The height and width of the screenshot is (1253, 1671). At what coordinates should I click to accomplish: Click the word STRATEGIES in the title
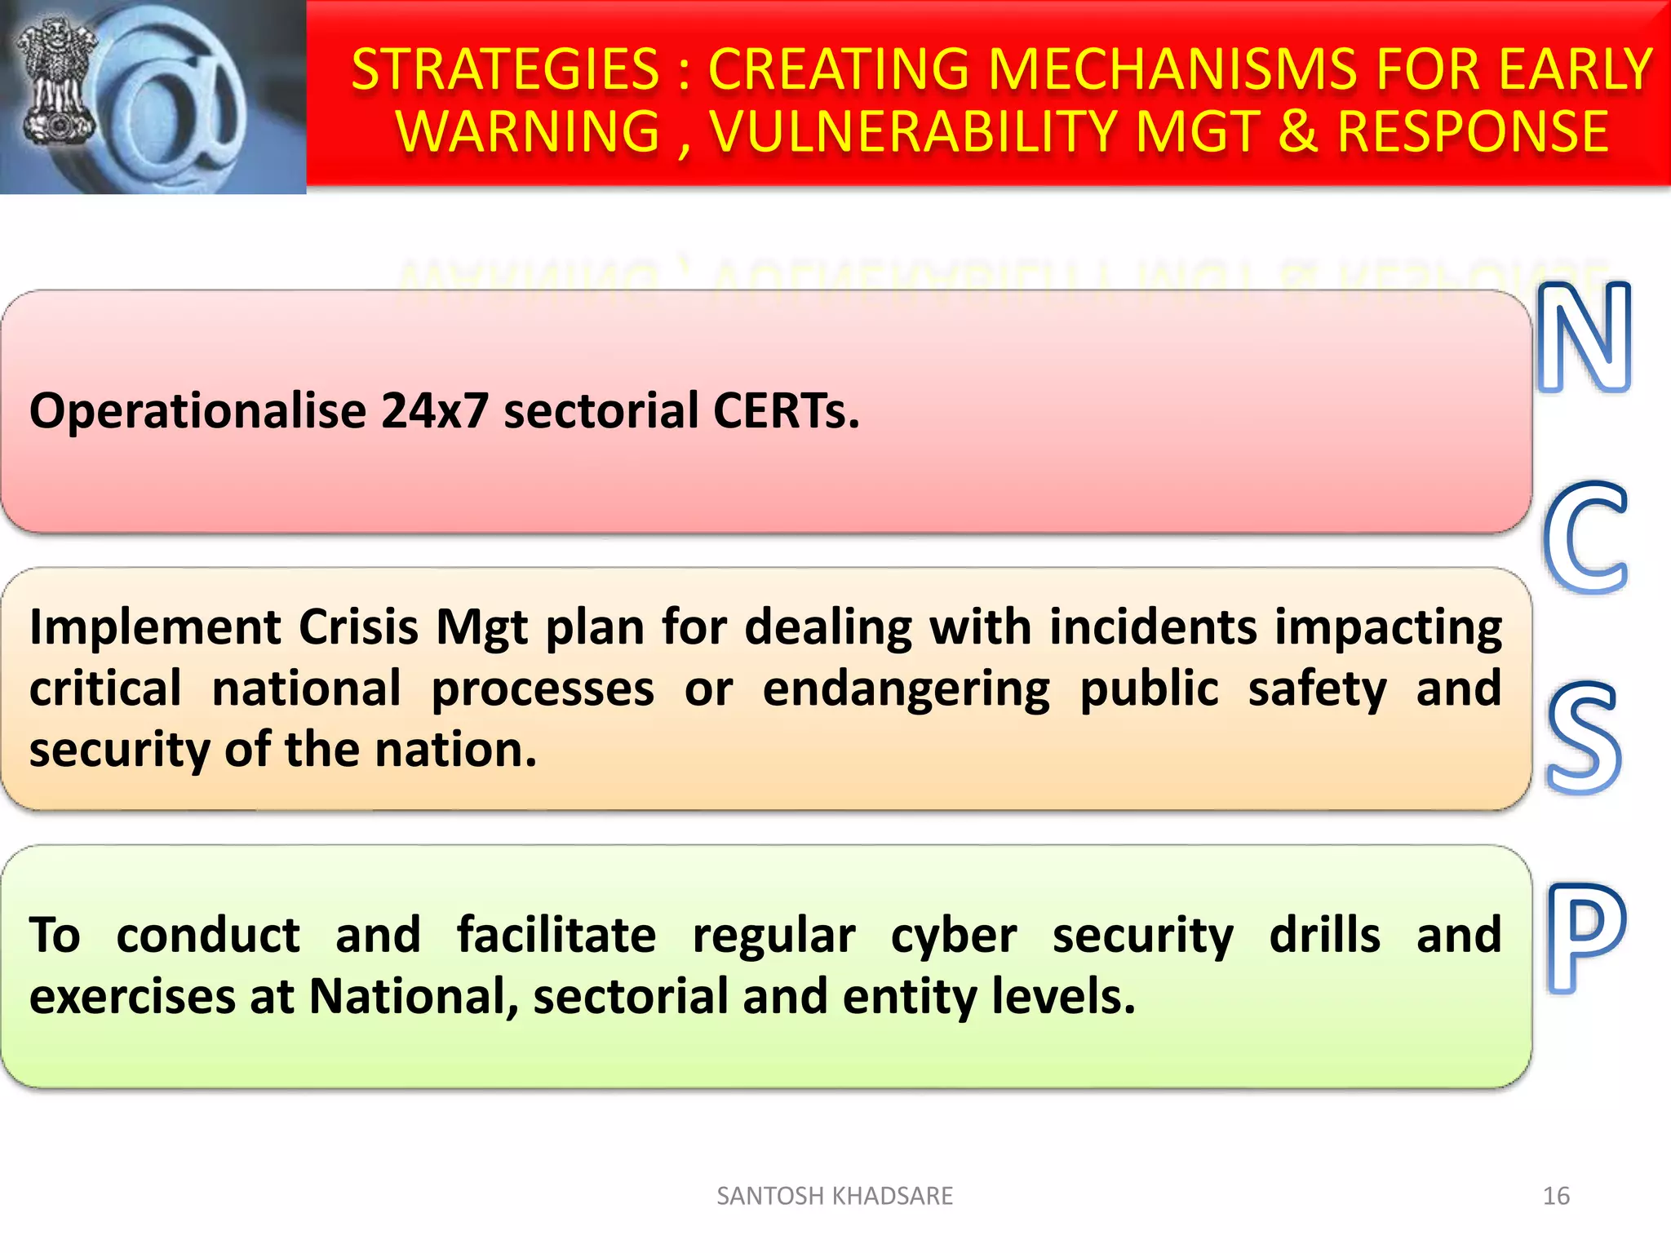pos(505,69)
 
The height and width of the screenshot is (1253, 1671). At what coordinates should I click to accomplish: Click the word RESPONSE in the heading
pos(1473,132)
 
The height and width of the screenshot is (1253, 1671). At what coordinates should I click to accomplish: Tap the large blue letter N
pos(1584,336)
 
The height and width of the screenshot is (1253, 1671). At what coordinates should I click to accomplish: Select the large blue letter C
pos(1585,538)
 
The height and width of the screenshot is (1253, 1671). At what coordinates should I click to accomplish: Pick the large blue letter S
pos(1583,738)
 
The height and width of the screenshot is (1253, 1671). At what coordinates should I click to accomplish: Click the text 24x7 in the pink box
pos(434,410)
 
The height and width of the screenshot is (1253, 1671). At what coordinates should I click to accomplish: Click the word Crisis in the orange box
pos(358,627)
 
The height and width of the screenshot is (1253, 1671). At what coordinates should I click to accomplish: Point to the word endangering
pos(906,689)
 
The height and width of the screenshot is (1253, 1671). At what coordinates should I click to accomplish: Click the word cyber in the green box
pos(953,935)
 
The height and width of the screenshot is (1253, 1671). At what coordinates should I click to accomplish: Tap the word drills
pos(1324,935)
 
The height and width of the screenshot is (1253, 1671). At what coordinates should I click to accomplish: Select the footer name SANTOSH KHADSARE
pos(834,1196)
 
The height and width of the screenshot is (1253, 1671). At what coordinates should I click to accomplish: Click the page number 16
pos(1556,1196)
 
